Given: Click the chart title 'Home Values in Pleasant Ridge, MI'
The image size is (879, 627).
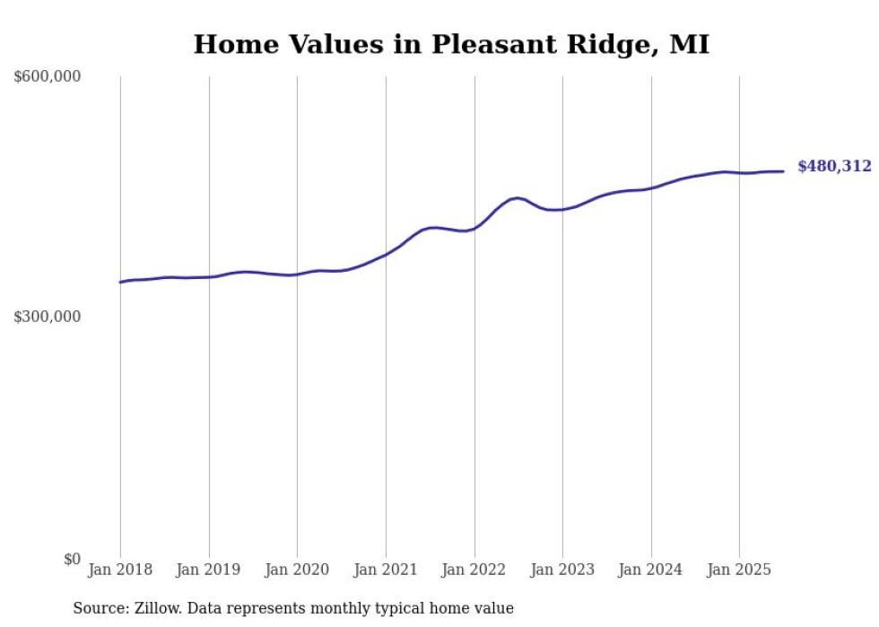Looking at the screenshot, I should [x=451, y=44].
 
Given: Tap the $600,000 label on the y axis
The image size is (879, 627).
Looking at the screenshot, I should [x=48, y=77].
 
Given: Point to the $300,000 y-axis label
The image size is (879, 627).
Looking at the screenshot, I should [x=48, y=318].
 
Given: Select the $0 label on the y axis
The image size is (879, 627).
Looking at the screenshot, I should [x=72, y=559].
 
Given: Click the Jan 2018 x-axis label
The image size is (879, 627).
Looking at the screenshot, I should [x=120, y=570].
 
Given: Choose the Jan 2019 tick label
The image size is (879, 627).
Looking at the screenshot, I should [x=209, y=570].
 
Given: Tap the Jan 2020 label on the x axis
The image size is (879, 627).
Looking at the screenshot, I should [x=297, y=570].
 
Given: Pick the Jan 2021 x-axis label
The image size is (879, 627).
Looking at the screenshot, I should [x=386, y=570].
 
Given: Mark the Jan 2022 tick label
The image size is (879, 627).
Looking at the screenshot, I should [x=474, y=570].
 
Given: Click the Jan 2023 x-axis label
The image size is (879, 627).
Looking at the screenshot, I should [x=562, y=570].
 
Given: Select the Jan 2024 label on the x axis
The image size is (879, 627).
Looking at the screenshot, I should [x=651, y=570].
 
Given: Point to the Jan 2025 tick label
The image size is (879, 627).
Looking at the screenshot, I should [x=739, y=570].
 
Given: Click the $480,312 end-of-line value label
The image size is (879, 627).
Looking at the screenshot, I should [x=834, y=166].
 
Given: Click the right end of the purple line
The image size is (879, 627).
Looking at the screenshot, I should [x=783, y=171].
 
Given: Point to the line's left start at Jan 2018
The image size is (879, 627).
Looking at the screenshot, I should [x=121, y=282].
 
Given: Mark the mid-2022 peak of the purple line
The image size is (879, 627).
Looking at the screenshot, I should [x=518, y=197].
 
